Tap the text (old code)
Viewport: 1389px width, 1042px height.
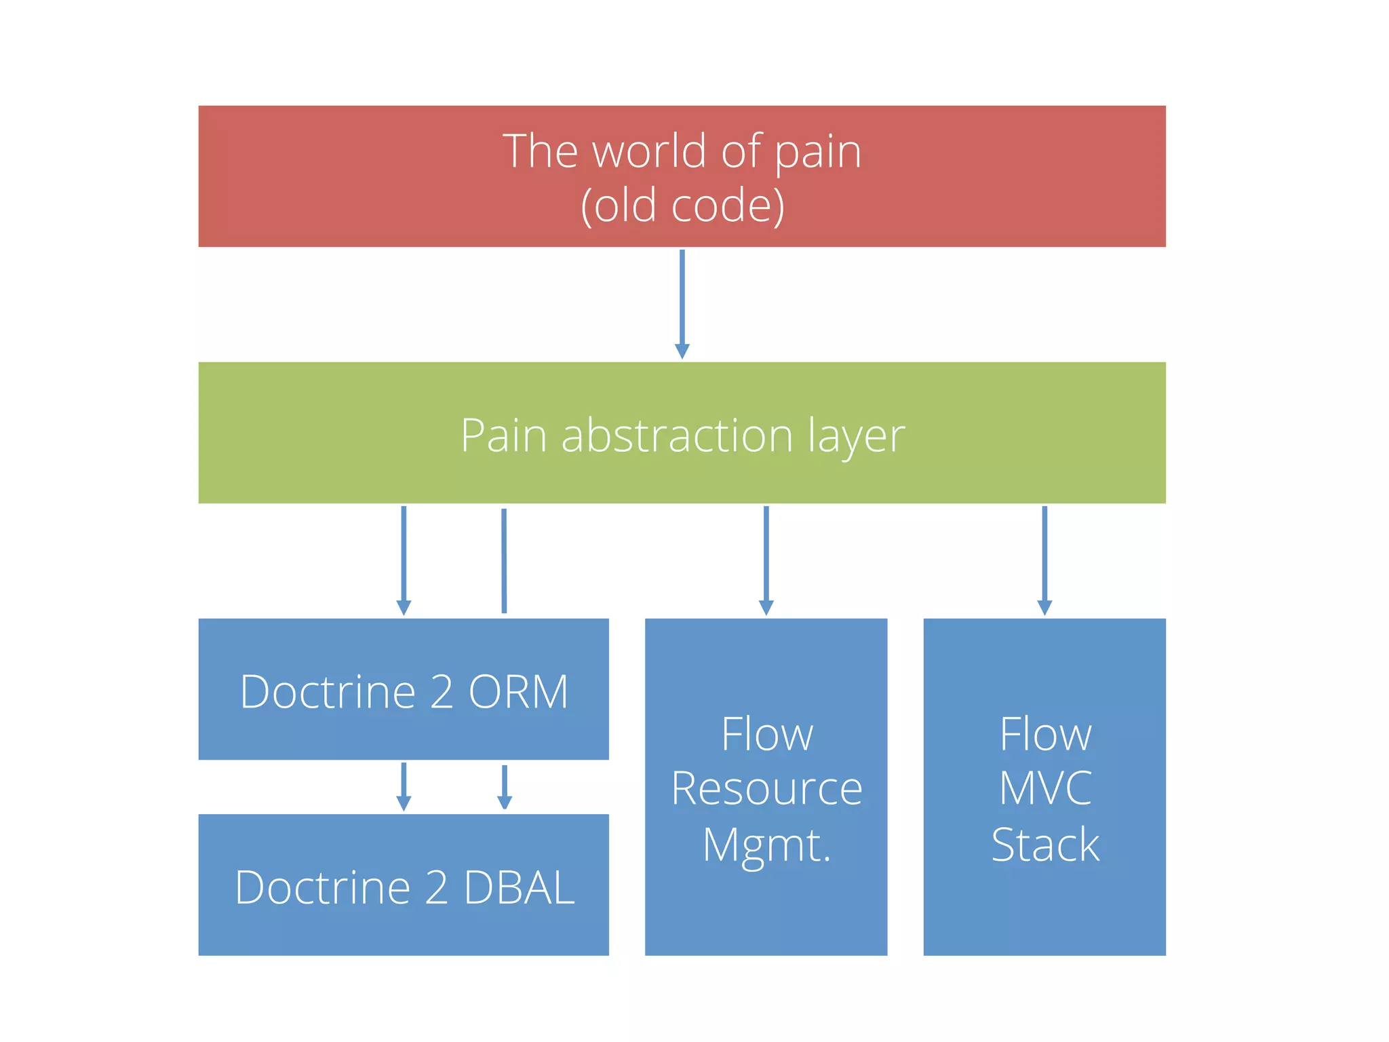(682, 206)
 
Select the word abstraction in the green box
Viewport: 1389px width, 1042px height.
(677, 435)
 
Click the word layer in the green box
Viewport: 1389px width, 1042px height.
(856, 436)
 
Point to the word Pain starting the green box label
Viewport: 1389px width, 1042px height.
(503, 435)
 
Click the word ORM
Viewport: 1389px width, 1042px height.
(518, 692)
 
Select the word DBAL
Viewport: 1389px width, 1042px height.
(520, 887)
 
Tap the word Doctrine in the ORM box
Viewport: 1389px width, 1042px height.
(328, 692)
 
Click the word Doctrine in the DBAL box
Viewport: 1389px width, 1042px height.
(323, 887)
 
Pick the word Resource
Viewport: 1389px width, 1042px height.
(766, 788)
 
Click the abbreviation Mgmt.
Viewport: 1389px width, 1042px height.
(766, 845)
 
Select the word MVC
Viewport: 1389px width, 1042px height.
(1045, 788)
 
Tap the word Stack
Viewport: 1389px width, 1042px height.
(1045, 845)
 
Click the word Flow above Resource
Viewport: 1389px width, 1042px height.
(766, 734)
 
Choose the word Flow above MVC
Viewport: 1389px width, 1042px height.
(1045, 734)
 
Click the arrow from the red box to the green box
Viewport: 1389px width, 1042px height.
(682, 303)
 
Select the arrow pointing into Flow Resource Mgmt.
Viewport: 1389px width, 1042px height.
(766, 560)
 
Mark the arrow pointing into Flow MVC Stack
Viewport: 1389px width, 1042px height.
(1044, 560)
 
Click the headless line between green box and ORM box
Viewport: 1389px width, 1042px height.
(504, 560)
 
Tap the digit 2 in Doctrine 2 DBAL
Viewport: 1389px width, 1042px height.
(436, 887)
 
